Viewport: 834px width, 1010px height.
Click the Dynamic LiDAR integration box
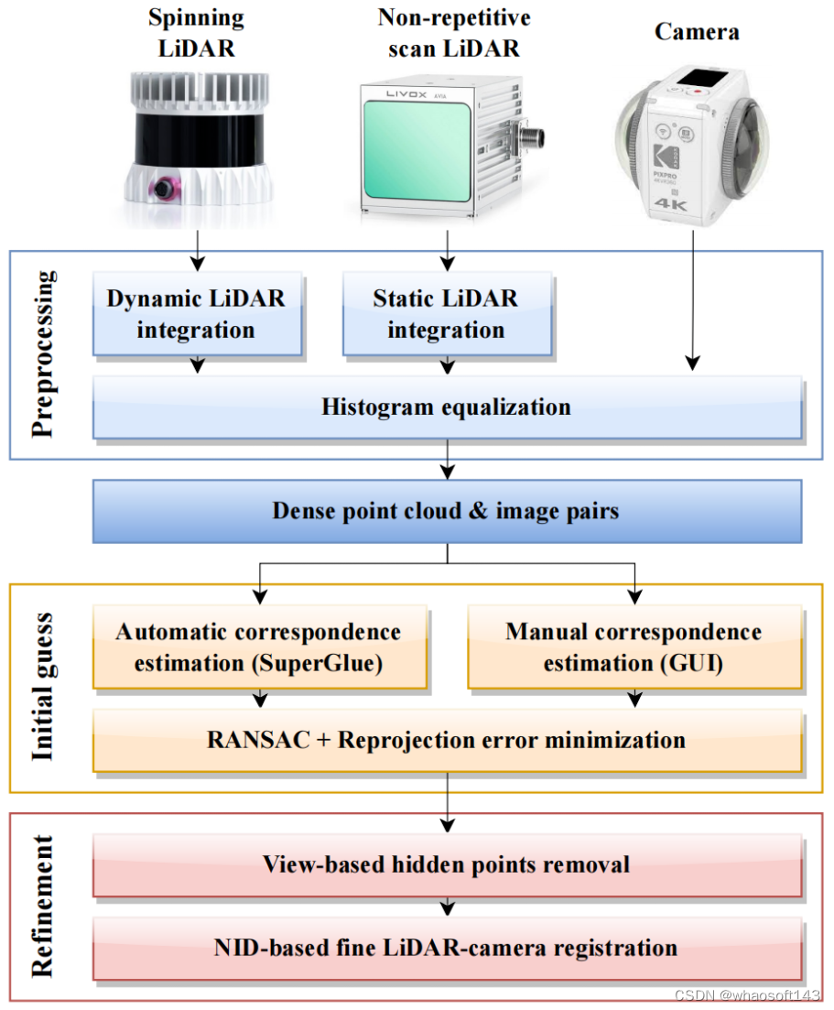click(x=196, y=314)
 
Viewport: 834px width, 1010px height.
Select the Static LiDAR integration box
click(x=446, y=314)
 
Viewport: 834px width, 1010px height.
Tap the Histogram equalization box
click(x=446, y=407)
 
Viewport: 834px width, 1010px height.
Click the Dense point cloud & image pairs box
click(x=446, y=511)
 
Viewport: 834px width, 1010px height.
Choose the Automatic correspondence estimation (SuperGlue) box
click(x=258, y=647)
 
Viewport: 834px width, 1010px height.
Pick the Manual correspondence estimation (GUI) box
click(x=634, y=647)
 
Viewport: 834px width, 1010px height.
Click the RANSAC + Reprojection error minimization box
click(x=446, y=740)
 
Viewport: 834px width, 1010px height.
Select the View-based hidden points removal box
click(x=446, y=864)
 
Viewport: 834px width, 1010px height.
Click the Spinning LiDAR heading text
click(x=195, y=33)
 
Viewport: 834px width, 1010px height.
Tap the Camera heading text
click(x=697, y=32)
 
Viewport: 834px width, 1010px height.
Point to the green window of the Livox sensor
click(x=433, y=152)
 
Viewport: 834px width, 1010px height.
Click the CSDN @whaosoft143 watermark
click(x=747, y=995)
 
